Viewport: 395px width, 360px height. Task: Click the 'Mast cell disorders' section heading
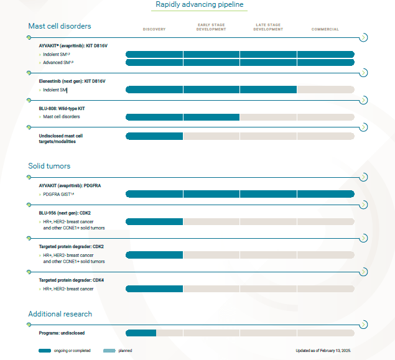59,26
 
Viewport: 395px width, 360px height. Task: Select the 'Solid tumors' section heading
49,166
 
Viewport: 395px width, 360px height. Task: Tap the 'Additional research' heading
60,314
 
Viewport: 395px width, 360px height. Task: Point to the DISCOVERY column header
154,29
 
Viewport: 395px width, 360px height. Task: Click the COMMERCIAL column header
325,29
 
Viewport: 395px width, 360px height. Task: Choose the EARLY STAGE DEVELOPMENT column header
211,27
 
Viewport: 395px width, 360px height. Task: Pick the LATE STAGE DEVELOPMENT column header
268,27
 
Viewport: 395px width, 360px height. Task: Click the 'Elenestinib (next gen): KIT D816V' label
72,81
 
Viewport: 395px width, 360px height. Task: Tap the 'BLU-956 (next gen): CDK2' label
65,213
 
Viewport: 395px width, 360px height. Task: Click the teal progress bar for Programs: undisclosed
141,333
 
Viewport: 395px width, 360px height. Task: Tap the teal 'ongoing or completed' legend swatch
45,351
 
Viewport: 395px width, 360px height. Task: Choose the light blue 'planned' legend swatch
109,351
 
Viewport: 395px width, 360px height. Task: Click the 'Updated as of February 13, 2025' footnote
323,351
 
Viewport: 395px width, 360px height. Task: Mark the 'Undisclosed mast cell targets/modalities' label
60,139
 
